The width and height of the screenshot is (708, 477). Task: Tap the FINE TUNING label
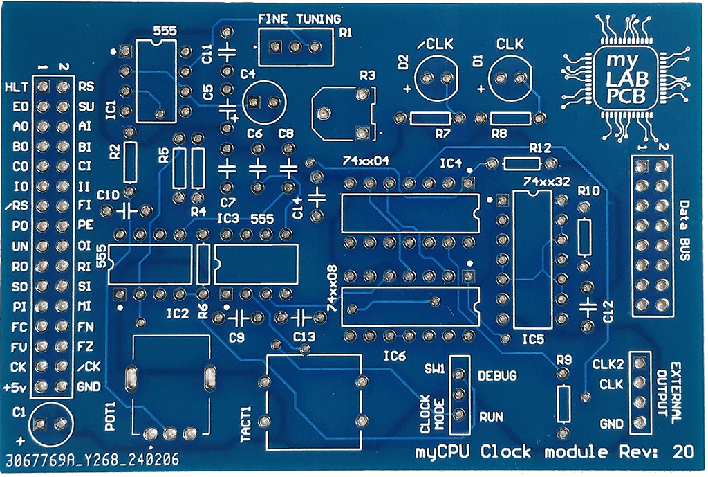(x=299, y=19)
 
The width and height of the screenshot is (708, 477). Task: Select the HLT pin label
(x=15, y=87)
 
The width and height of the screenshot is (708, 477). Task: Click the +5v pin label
(x=16, y=386)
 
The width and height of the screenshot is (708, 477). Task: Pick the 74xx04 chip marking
(x=366, y=161)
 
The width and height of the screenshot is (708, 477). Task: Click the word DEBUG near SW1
(x=497, y=376)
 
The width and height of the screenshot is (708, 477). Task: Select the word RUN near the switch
(x=491, y=417)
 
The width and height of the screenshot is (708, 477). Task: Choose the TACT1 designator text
(x=245, y=422)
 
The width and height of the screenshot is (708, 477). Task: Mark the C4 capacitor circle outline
(x=263, y=101)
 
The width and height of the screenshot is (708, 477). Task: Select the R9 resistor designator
(x=564, y=359)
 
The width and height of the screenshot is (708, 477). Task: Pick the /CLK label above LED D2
(x=436, y=45)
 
